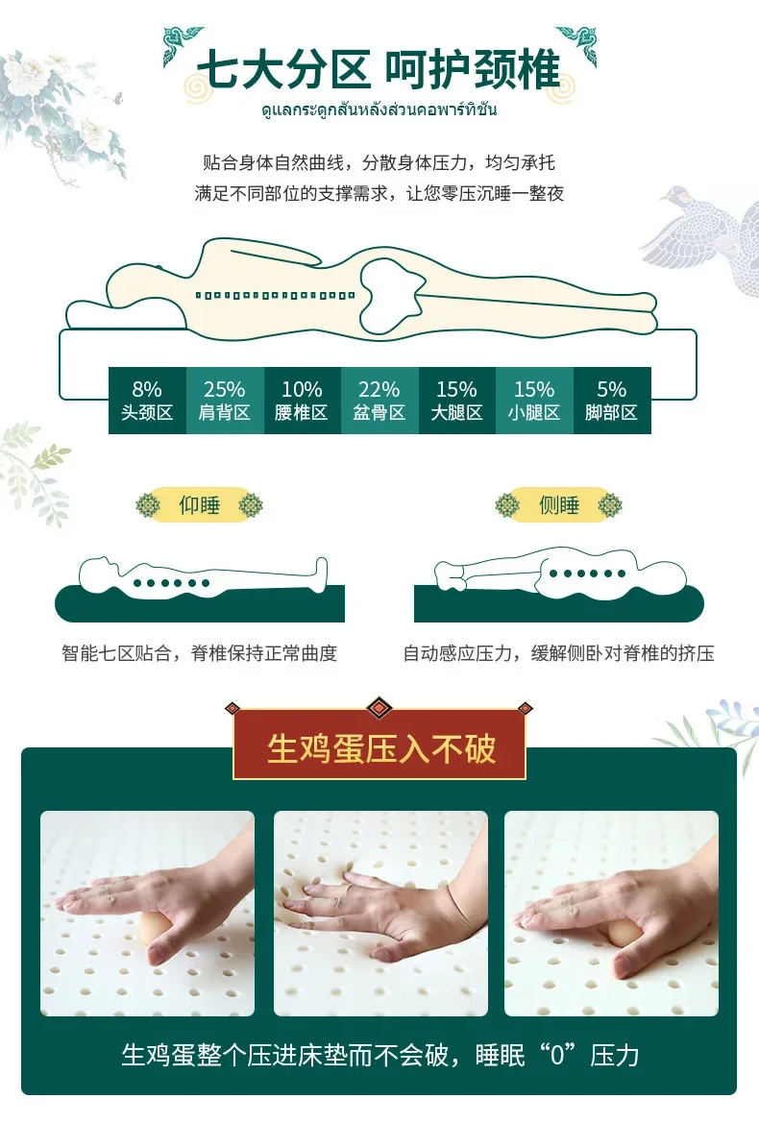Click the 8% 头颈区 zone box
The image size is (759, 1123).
(147, 400)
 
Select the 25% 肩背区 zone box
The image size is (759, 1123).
(224, 400)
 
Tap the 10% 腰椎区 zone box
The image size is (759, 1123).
(302, 400)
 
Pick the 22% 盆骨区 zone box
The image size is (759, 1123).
(379, 400)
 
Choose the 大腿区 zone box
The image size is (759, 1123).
(456, 400)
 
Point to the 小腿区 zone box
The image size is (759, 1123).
(534, 400)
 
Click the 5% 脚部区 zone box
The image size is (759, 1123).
(612, 400)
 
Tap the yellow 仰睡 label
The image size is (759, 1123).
(200, 504)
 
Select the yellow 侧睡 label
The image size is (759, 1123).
(558, 504)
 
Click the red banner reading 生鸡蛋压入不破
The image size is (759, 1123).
(380, 747)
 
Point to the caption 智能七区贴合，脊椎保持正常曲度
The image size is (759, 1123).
(200, 654)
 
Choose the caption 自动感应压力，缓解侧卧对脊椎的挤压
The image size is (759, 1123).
(558, 654)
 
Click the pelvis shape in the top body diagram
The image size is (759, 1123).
(390, 288)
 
